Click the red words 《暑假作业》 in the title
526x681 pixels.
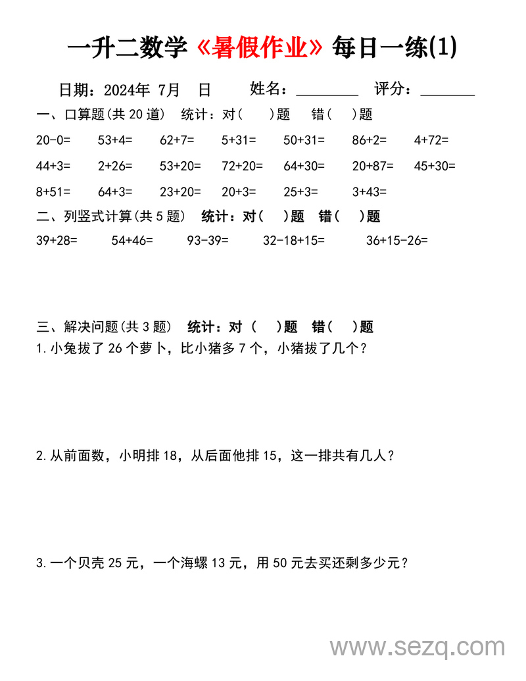tap(261, 47)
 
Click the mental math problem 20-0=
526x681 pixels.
tap(53, 139)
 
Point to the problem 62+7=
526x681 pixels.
tap(177, 139)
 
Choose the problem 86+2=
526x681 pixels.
tap(370, 139)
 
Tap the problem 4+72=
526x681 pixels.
tap(431, 139)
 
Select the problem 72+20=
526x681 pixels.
tap(242, 166)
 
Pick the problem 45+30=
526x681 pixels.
tap(435, 166)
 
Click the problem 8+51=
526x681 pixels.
tap(53, 192)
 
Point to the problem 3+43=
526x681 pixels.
tap(370, 192)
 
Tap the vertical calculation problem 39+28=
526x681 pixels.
tap(57, 241)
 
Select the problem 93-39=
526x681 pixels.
tap(208, 241)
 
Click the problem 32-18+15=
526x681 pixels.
tap(294, 241)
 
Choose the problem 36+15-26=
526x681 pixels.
tap(397, 241)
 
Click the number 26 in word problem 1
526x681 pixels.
tap(114, 349)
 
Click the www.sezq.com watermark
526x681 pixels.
tap(418, 647)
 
